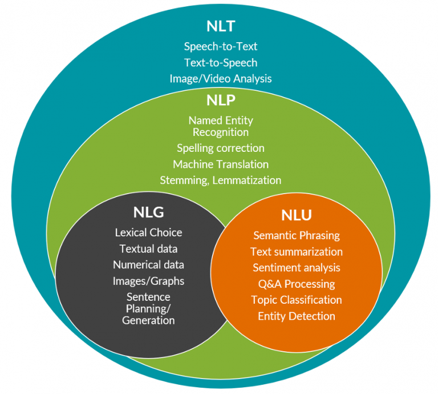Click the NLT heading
[220, 26]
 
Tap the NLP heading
[220, 100]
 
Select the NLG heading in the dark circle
[148, 212]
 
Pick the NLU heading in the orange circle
[297, 215]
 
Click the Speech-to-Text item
[220, 47]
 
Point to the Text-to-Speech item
[220, 62]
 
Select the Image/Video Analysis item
[220, 78]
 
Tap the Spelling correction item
[220, 148]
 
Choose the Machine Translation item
[220, 164]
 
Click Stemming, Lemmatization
[220, 180]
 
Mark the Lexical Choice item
[148, 232]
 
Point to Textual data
[148, 248]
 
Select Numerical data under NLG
[148, 265]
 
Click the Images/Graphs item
[148, 281]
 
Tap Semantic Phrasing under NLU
[296, 235]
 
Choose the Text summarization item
[296, 251]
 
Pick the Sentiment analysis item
[296, 267]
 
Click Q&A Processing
[296, 284]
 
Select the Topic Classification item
[296, 300]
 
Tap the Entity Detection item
[296, 316]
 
